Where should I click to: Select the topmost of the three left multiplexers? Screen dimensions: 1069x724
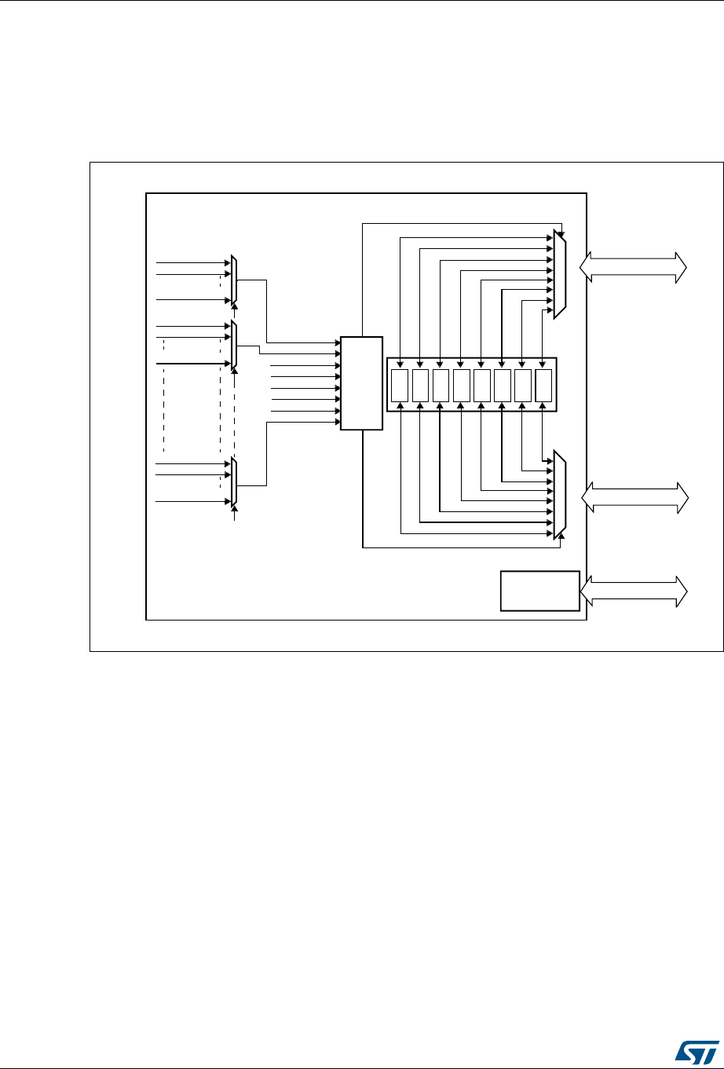234,280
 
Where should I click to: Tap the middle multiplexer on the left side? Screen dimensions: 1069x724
234,345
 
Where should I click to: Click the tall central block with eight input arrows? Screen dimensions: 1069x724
361,383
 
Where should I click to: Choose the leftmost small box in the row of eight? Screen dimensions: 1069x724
400,385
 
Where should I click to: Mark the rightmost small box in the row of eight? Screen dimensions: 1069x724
543,385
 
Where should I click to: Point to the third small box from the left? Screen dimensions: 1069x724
441,385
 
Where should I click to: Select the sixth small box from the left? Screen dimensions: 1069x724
503,385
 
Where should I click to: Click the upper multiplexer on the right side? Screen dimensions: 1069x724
559,275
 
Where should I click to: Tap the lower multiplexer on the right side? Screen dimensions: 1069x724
559,495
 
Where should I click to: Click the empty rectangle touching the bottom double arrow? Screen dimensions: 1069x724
539,591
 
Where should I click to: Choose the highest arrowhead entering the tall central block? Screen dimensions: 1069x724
336,342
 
